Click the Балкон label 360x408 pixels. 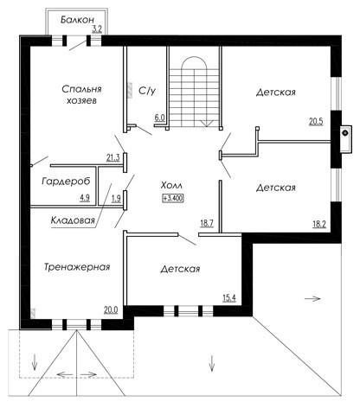pyautogui.click(x=77, y=20)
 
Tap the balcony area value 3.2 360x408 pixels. pyautogui.click(x=97, y=29)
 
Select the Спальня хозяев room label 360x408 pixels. pyautogui.click(x=81, y=94)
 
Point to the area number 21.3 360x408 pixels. pyautogui.click(x=113, y=157)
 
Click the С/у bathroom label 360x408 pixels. pyautogui.click(x=147, y=91)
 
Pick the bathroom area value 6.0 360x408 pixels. pyautogui.click(x=159, y=118)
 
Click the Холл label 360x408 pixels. pyautogui.click(x=171, y=185)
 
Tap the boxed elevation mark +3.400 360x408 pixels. pyautogui.click(x=173, y=198)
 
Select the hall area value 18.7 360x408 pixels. pyautogui.click(x=207, y=223)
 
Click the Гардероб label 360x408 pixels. pyautogui.click(x=66, y=182)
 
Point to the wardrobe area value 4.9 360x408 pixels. pyautogui.click(x=85, y=198)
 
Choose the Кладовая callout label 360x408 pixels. pyautogui.click(x=73, y=220)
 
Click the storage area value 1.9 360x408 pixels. pyautogui.click(x=116, y=198)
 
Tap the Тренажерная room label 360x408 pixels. pyautogui.click(x=77, y=267)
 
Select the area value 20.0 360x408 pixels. pyautogui.click(x=111, y=309)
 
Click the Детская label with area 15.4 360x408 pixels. pyautogui.click(x=180, y=269)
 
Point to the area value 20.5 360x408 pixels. pyautogui.click(x=316, y=122)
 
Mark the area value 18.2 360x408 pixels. pyautogui.click(x=319, y=224)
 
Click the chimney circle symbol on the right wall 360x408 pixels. pyautogui.click(x=344, y=133)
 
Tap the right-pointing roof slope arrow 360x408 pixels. pyautogui.click(x=312, y=298)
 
